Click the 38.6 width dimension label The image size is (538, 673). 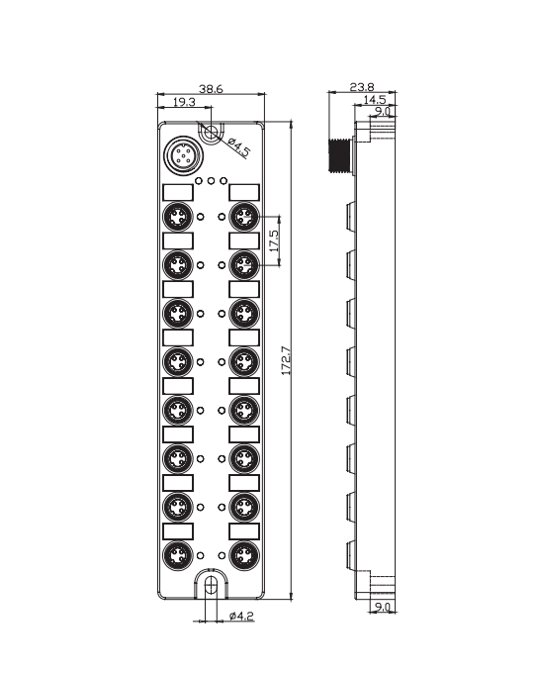click(x=211, y=89)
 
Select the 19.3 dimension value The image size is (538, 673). click(x=184, y=102)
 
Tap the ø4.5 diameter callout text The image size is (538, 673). click(x=239, y=146)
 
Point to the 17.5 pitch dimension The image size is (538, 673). click(x=274, y=240)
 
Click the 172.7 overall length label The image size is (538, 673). click(x=286, y=360)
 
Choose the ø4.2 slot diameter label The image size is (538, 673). click(x=241, y=616)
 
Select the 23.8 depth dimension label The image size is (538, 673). click(x=362, y=87)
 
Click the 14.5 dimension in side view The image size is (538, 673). click(x=374, y=100)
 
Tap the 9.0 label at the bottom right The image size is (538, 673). click(x=383, y=607)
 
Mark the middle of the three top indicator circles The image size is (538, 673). click(x=211, y=181)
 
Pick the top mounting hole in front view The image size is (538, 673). click(x=211, y=133)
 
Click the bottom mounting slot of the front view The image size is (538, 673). click(x=211, y=585)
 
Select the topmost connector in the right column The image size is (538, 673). click(x=244, y=217)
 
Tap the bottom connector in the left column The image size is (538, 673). click(x=178, y=556)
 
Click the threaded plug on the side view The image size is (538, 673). click(x=340, y=155)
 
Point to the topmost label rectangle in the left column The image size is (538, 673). click(x=178, y=193)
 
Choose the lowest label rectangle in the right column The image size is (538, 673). click(x=244, y=531)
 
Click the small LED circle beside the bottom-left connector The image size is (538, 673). click(x=200, y=556)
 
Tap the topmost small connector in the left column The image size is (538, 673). click(x=178, y=217)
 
